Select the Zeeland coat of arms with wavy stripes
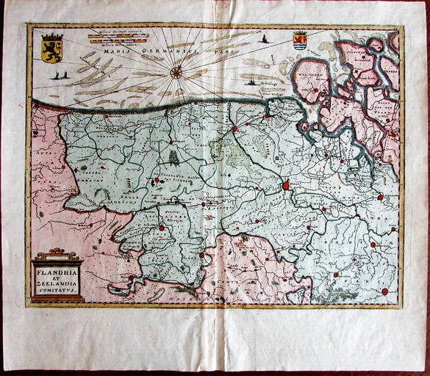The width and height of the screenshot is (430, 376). point(299,41)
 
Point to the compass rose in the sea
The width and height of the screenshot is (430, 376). point(176,72)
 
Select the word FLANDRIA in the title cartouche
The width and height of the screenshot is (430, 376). point(57,272)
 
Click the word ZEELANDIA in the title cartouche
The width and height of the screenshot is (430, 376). point(57,284)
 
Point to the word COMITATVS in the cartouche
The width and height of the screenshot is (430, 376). point(57,291)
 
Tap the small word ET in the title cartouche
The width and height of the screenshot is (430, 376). point(57,278)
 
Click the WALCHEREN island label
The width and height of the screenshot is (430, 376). point(309,74)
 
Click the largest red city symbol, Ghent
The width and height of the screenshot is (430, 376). point(286,186)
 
